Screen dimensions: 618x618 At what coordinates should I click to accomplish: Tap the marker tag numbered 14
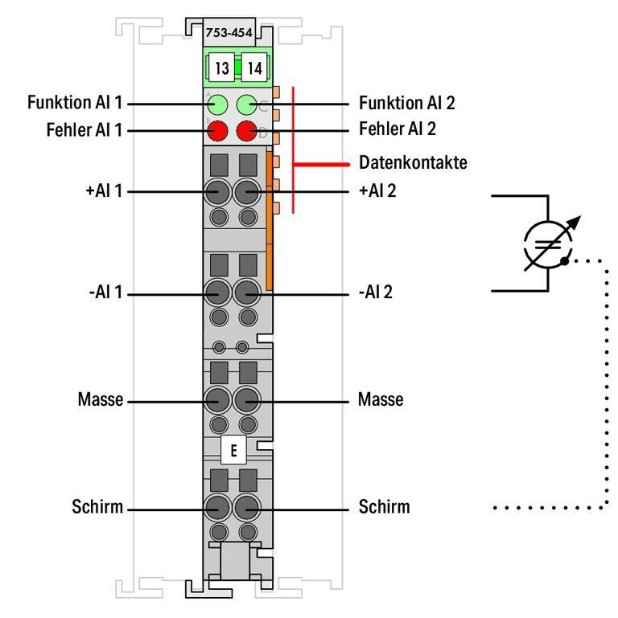254,68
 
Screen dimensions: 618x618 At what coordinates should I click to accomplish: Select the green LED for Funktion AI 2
247,104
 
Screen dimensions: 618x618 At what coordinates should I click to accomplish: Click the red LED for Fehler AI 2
247,129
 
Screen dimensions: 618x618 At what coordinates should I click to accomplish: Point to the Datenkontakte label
412,164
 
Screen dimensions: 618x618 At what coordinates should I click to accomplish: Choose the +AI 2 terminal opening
247,192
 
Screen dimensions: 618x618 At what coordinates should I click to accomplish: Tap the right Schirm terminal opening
247,506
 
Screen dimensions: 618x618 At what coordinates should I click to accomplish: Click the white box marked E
233,451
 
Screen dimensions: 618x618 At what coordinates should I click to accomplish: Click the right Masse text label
381,399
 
